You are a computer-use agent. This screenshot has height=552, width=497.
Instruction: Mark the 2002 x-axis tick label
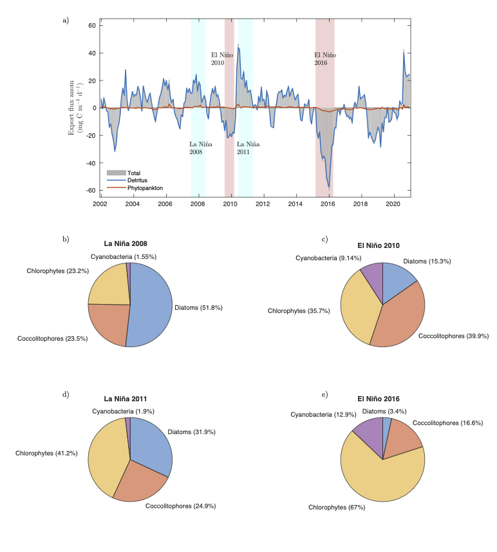tap(100, 204)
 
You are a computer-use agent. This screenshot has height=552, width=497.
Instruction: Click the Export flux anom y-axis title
tap(76, 108)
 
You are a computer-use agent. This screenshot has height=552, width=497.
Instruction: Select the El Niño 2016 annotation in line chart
tap(324, 59)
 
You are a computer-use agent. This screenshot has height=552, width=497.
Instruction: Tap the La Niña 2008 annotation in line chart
tap(196, 148)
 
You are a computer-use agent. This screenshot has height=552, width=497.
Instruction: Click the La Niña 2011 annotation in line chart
tap(244, 148)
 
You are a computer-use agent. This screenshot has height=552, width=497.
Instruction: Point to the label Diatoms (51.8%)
tap(198, 308)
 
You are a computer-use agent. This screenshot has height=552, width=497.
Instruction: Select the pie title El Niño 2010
tap(382, 245)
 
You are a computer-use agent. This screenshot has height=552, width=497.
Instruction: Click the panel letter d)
tap(66, 394)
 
